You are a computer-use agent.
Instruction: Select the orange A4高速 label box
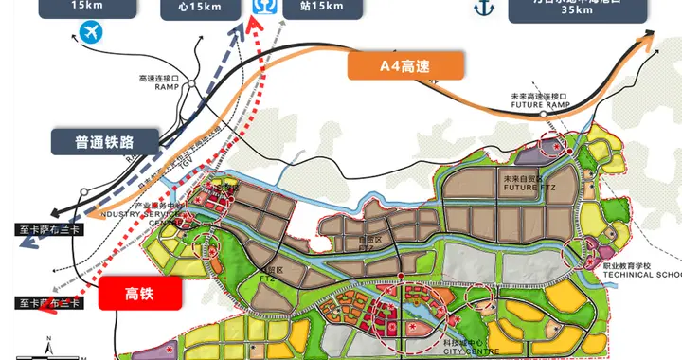pos(406,65)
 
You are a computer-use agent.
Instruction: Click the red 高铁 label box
pos(140,295)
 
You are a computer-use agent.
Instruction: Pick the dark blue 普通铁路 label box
pos(105,142)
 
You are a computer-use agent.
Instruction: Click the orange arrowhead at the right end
pos(649,36)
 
